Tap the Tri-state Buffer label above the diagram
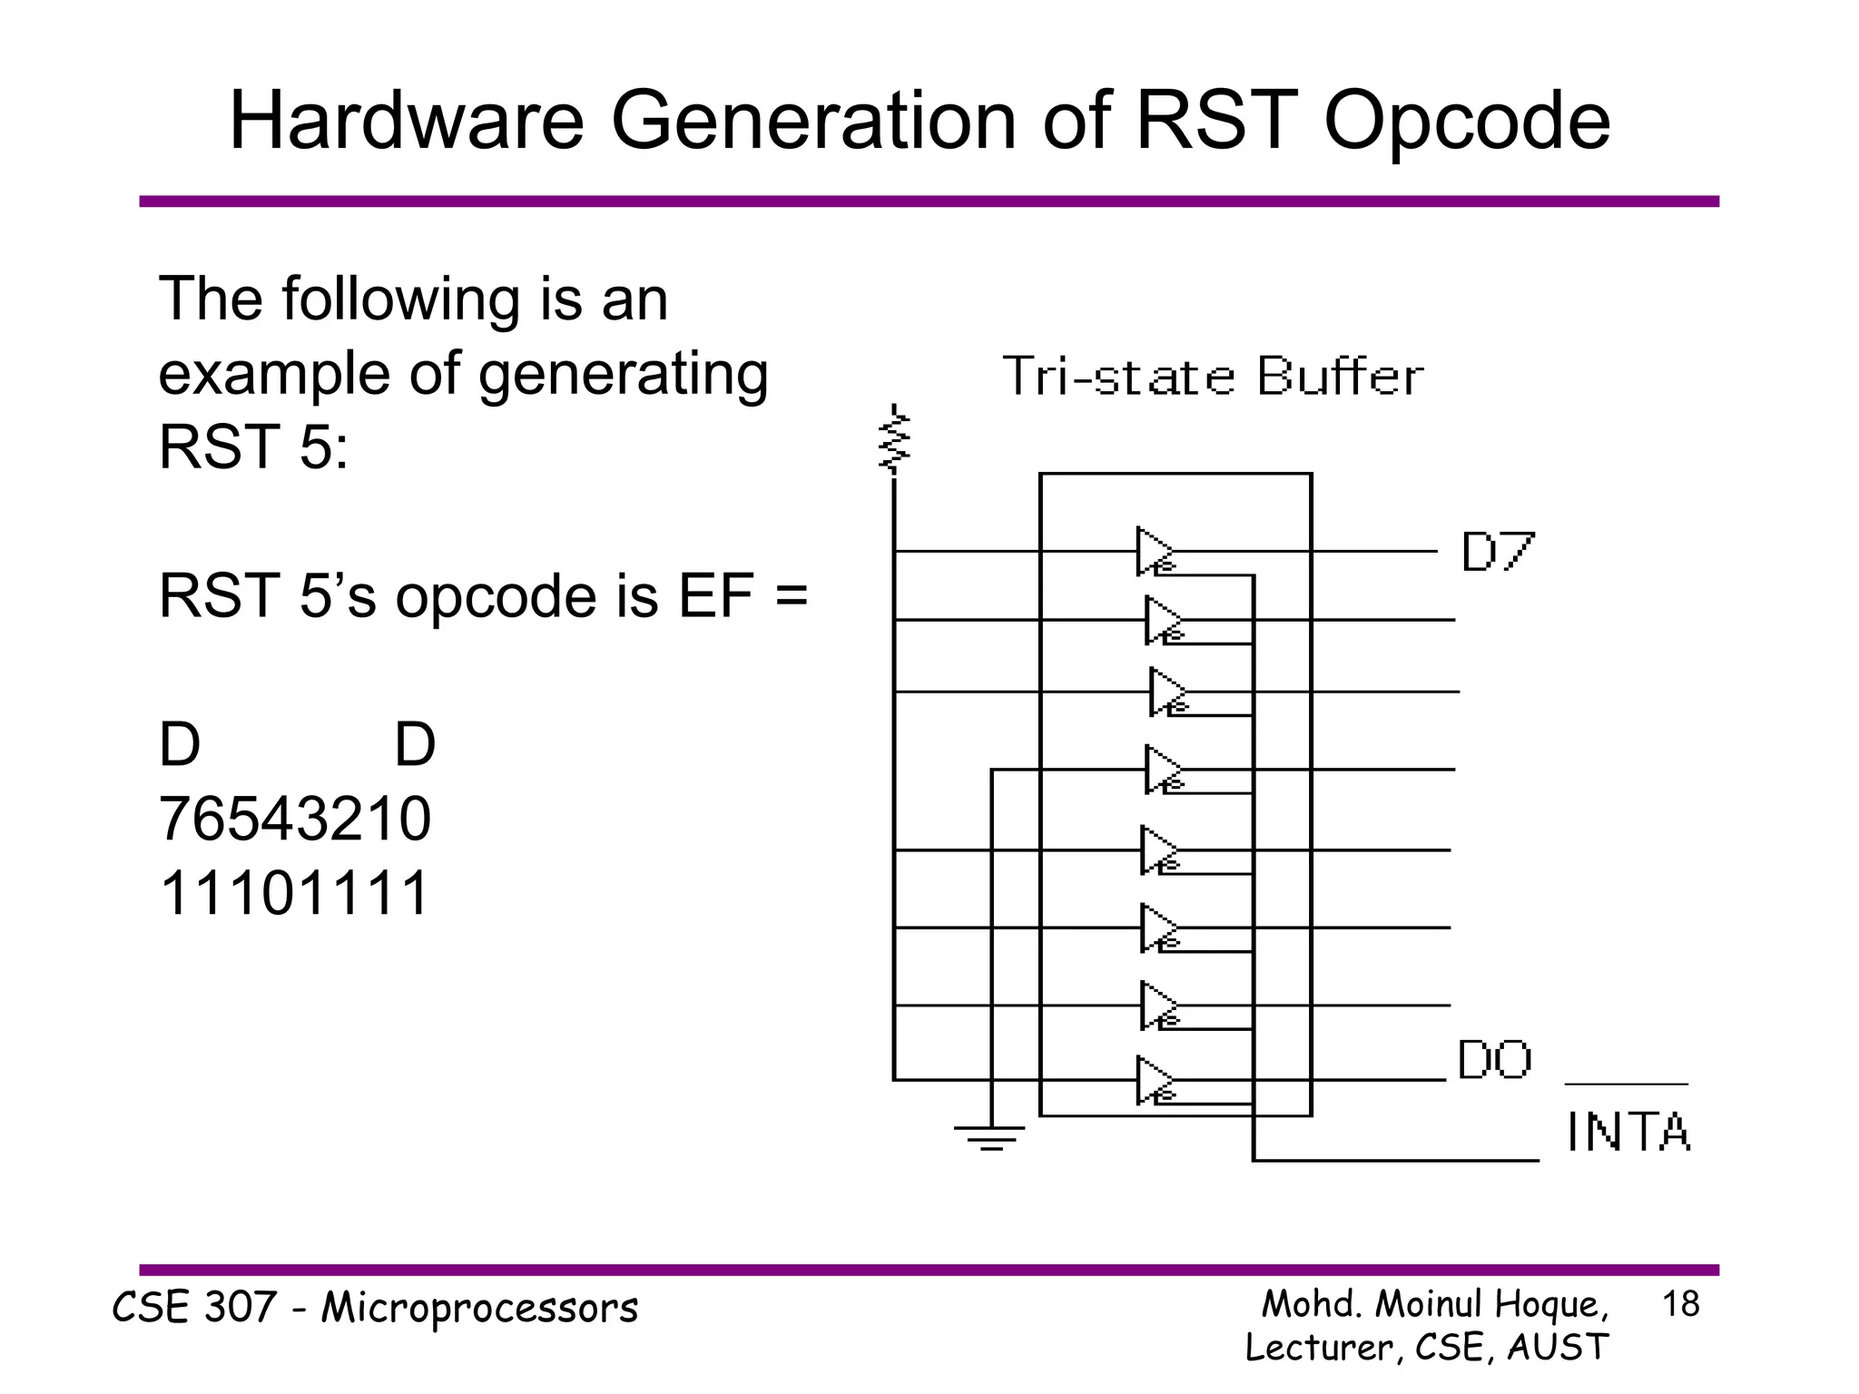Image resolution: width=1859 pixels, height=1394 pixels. tap(1213, 377)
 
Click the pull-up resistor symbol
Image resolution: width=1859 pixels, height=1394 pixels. tap(895, 441)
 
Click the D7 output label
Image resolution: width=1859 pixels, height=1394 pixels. tap(1498, 552)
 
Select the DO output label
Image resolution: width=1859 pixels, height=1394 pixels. tap(1494, 1060)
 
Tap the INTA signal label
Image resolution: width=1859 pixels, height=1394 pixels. tap(1628, 1132)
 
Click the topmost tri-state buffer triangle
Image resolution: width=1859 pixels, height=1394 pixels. tap(1154, 551)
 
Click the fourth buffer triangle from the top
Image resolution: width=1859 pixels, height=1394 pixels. tap(1161, 770)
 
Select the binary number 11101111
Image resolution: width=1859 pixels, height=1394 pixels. tap(294, 893)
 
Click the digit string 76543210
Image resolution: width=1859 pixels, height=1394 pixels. tap(295, 819)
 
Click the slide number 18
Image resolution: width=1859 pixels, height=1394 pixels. tap(1680, 1304)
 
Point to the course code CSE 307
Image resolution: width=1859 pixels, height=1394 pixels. tap(193, 1308)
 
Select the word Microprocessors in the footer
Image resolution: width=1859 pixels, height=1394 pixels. tap(480, 1308)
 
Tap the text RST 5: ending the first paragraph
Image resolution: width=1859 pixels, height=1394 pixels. tap(253, 447)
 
